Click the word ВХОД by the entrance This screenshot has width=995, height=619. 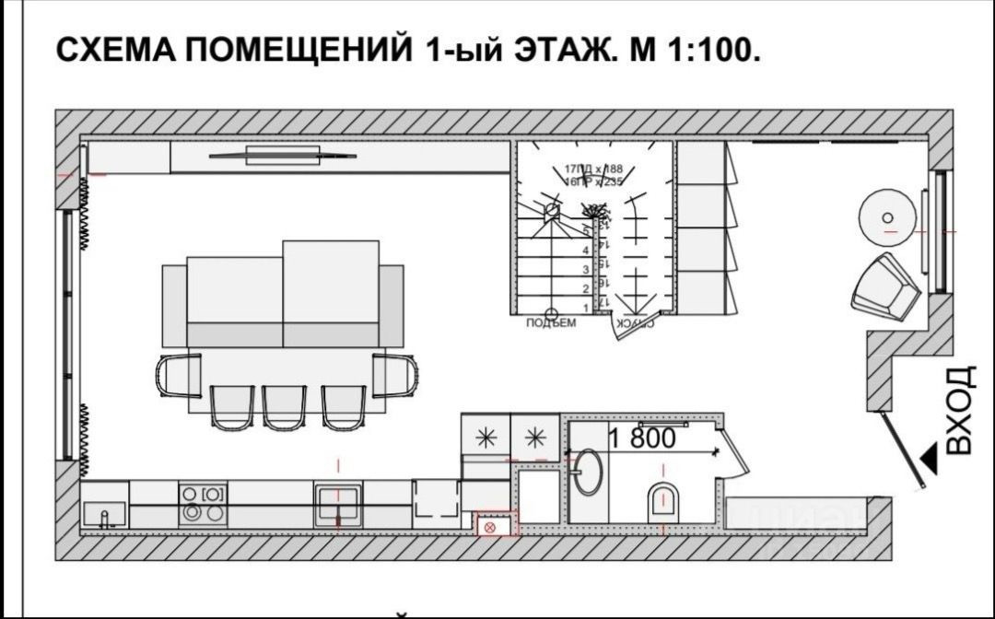(x=958, y=410)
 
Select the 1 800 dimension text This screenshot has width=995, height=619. (x=641, y=439)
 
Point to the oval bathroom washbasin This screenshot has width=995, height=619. (x=585, y=473)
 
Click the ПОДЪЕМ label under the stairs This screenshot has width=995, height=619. (x=551, y=323)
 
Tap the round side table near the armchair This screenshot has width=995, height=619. (x=887, y=218)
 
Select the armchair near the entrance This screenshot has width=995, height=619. (x=884, y=287)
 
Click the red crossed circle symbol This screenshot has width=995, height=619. (x=490, y=527)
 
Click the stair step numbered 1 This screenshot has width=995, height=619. (x=586, y=303)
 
